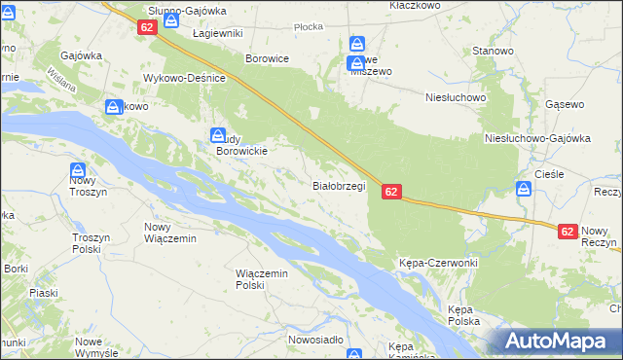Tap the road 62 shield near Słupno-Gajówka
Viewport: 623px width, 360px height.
click(x=147, y=28)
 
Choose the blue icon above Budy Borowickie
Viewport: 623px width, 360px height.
click(x=218, y=136)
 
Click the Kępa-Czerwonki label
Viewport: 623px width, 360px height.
click(x=436, y=264)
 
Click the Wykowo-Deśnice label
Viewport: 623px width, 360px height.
click(x=185, y=78)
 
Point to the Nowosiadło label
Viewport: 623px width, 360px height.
click(x=315, y=340)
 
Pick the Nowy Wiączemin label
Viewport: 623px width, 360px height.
click(x=170, y=233)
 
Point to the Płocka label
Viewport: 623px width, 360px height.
click(x=308, y=27)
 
